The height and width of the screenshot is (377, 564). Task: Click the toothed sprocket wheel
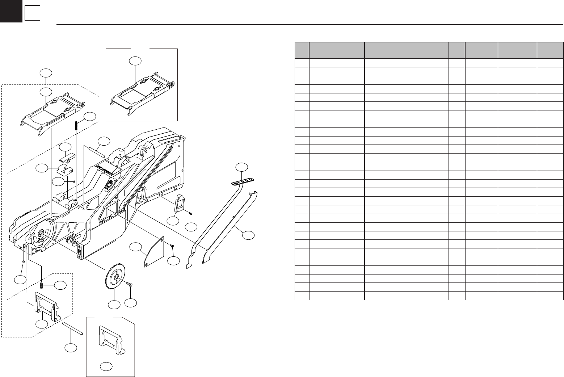pyautogui.click(x=116, y=278)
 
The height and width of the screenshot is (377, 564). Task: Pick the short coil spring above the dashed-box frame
pyautogui.click(x=42, y=286)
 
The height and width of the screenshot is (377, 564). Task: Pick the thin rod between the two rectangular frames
pyautogui.click(x=73, y=329)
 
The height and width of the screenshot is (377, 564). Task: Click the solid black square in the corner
pyautogui.click(x=11, y=11)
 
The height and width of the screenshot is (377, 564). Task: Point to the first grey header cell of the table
pyautogui.click(x=302, y=50)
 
